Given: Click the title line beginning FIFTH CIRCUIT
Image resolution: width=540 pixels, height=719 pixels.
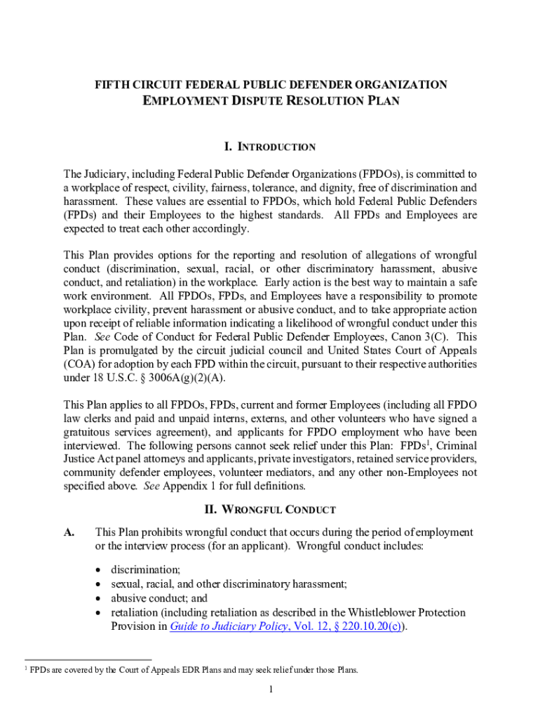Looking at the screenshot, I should [x=271, y=85].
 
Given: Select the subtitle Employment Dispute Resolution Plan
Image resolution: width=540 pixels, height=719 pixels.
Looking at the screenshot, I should [x=271, y=101].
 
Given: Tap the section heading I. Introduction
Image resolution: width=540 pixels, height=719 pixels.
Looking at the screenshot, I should [x=270, y=147].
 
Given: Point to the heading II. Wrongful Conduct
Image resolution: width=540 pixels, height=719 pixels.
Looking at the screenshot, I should [x=270, y=510].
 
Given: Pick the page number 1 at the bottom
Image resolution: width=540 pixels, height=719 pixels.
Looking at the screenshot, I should [x=270, y=689].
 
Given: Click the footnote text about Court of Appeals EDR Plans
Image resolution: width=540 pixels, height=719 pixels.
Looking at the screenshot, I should [x=194, y=670].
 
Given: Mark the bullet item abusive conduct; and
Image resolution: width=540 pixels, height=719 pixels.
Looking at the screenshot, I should [x=159, y=598].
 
